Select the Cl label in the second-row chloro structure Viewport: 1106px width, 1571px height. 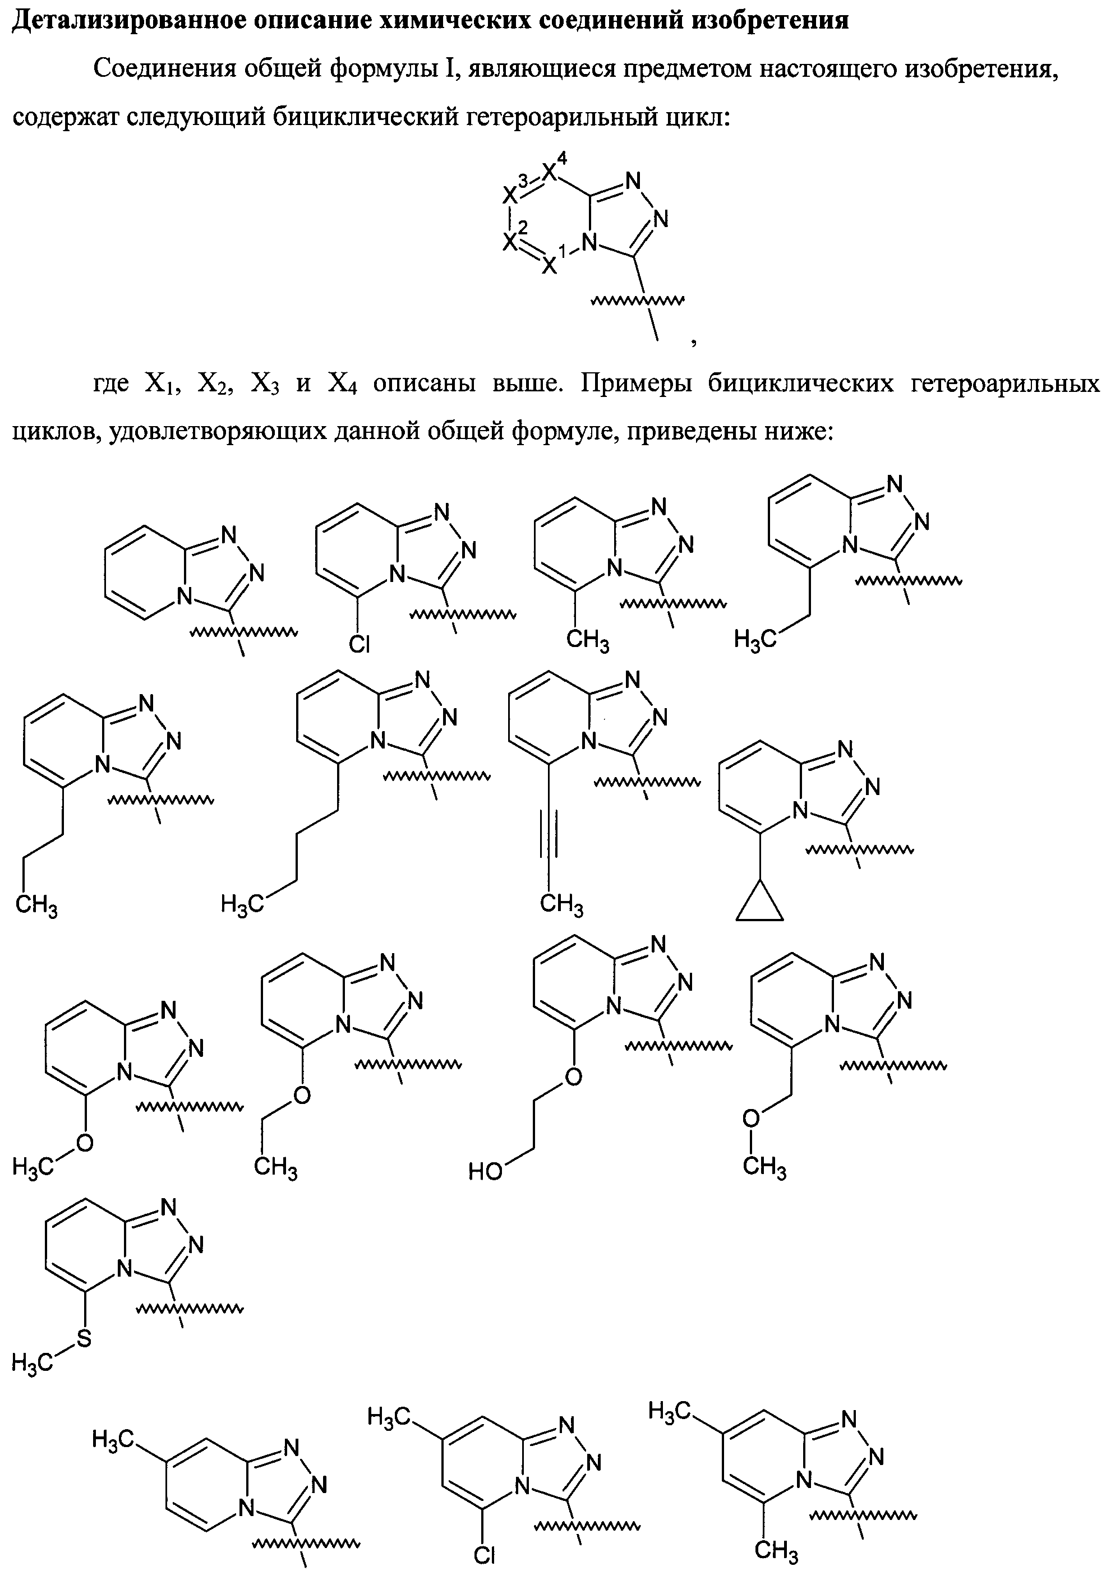tap(358, 643)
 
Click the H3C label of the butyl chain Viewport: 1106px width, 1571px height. tap(241, 906)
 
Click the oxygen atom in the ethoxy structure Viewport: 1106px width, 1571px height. tap(301, 1096)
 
